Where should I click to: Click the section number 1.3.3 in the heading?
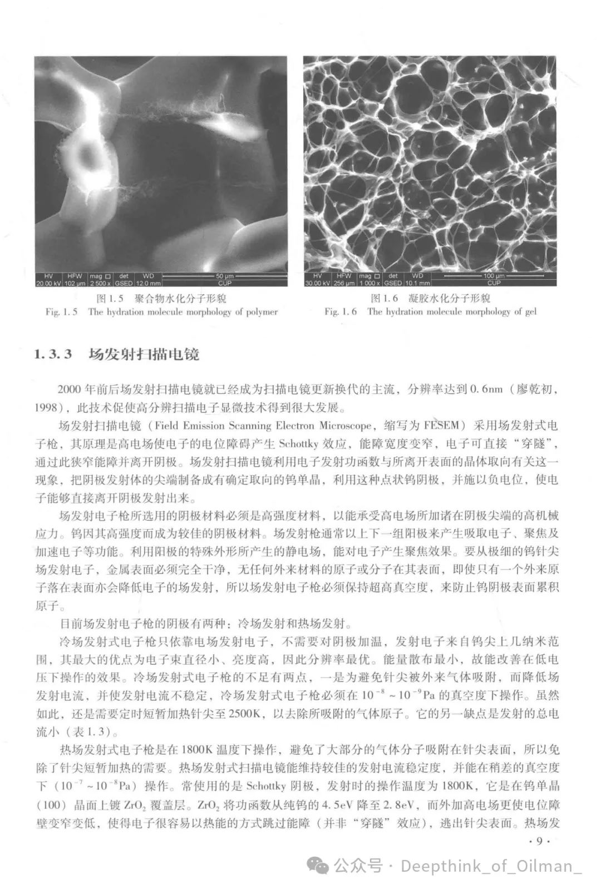pyautogui.click(x=53, y=354)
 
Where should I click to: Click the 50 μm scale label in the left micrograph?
pyautogui.click(x=225, y=275)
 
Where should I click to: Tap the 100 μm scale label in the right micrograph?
pyautogui.click(x=493, y=275)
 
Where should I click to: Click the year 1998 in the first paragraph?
pyautogui.click(x=47, y=408)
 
